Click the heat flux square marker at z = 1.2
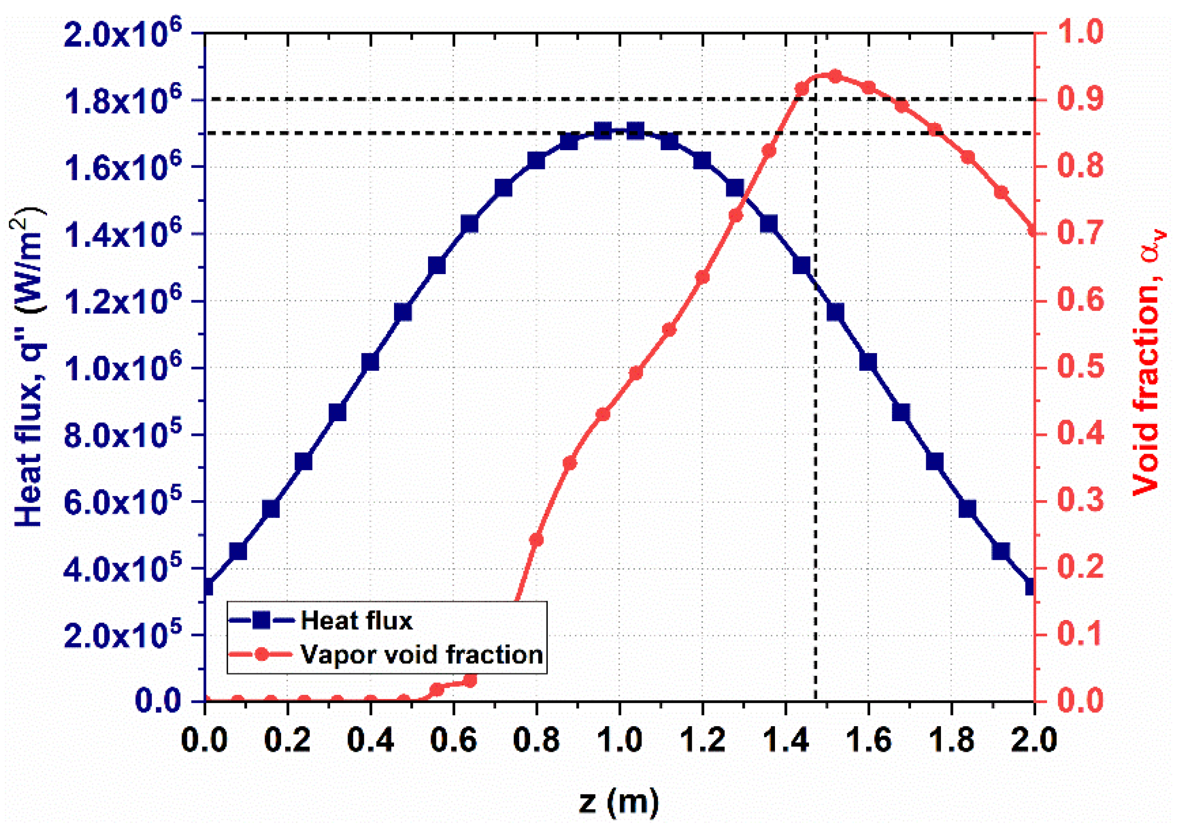pos(702,160)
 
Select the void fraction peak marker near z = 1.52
pos(835,76)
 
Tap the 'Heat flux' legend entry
pos(356,620)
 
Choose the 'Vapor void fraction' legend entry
pos(421,655)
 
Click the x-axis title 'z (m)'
pos(619,801)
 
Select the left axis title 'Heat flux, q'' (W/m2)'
pos(29,366)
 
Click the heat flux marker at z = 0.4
pos(370,362)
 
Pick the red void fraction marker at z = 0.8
pos(536,539)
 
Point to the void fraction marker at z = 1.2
pos(702,277)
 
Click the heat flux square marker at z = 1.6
pos(868,362)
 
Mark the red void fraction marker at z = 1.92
pos(1001,193)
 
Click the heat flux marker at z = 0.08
pos(238,551)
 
